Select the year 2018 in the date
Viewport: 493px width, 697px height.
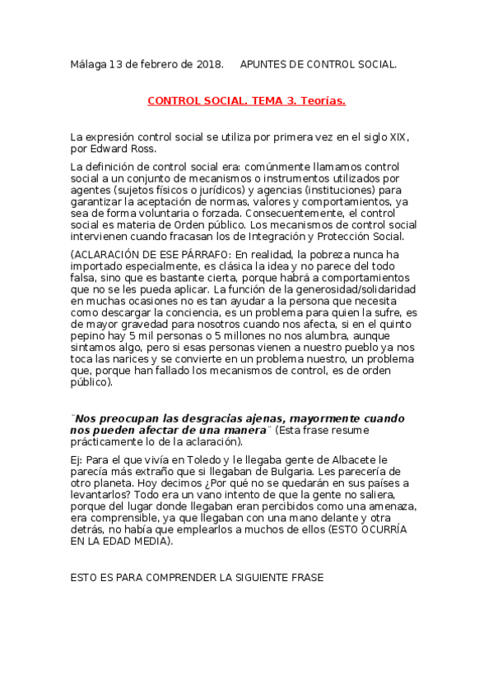click(208, 63)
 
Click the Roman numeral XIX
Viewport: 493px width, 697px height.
click(398, 136)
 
